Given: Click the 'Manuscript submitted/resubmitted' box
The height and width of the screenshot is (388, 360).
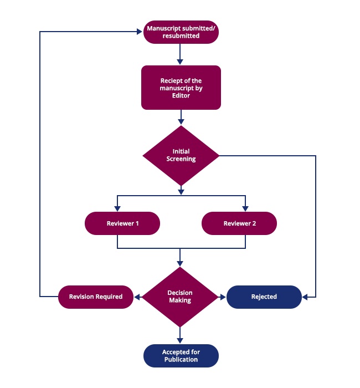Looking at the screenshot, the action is (181, 32).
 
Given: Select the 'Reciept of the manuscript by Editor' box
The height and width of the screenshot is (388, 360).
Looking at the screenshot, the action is (181, 88).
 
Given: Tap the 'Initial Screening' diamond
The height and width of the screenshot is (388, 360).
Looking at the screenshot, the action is (181, 156).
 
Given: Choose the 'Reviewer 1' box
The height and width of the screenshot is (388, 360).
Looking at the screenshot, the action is (122, 223).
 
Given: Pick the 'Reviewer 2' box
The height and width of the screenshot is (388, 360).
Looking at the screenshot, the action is (239, 223).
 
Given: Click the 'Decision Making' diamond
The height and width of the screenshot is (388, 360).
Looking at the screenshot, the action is (180, 297).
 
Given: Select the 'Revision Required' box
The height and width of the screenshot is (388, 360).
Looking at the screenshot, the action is (96, 297).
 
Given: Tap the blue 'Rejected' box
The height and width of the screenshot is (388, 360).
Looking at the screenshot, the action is (264, 297).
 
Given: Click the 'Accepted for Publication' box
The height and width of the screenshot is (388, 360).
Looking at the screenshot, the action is (181, 356).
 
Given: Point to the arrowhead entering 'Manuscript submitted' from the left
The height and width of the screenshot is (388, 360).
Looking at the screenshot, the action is (140, 32).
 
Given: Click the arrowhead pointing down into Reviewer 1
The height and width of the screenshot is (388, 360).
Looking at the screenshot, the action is (117, 208).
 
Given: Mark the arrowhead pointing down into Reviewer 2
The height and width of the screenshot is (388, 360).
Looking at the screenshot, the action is (245, 208).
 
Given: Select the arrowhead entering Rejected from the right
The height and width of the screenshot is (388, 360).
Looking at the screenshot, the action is (305, 297).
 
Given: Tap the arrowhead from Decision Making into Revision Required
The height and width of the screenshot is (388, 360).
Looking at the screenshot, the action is (137, 297).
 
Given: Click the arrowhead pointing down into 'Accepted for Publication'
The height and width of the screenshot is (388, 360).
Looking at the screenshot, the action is (180, 341).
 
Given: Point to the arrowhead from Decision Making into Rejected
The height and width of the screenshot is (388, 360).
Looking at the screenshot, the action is (223, 297).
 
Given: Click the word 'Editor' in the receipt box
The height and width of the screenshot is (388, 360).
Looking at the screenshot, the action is (181, 95).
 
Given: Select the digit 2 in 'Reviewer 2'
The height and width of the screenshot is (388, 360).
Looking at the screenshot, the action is (254, 223).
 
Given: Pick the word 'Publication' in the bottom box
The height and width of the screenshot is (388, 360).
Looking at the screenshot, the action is (181, 360).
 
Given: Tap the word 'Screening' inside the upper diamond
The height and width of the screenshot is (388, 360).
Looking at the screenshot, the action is (181, 159).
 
